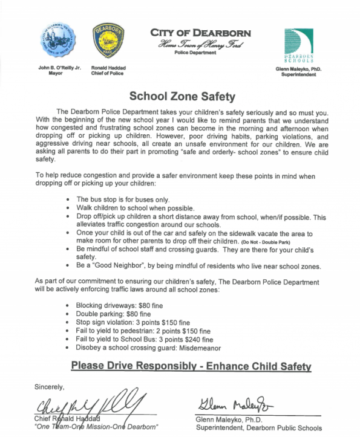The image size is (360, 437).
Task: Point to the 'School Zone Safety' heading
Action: pos(180,95)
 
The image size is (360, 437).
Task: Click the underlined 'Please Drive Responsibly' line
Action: pos(191,366)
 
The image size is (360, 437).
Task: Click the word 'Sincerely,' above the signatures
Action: pos(50,387)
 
